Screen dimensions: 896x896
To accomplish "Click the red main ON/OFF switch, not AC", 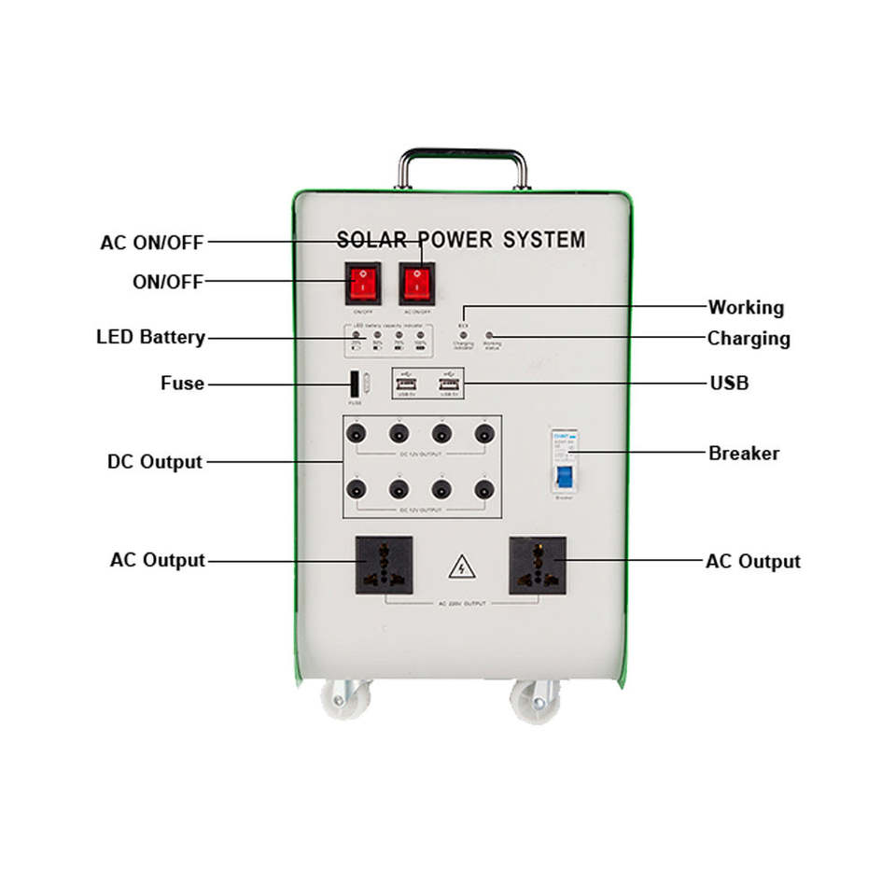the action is [x=363, y=283].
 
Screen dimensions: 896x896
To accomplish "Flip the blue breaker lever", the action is [x=564, y=477].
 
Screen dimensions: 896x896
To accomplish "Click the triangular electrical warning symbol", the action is [x=459, y=566].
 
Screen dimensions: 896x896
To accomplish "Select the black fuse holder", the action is [x=356, y=385].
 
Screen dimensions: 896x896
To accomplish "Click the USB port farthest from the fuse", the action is [x=450, y=385].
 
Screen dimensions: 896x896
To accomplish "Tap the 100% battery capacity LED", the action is [x=420, y=334].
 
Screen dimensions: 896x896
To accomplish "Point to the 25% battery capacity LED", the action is [x=357, y=334].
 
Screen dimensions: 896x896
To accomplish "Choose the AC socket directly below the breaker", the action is [x=538, y=565].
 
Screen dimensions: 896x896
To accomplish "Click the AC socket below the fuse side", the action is [x=384, y=565].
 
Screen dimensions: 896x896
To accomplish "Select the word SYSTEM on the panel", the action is [x=544, y=240].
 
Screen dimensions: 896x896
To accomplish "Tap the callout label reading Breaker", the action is [x=744, y=454].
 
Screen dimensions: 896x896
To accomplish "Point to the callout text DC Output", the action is [x=155, y=462].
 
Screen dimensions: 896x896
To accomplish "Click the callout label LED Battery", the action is [x=151, y=337].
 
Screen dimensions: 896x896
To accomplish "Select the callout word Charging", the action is [x=749, y=338].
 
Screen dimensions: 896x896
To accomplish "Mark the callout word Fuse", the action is [x=182, y=383].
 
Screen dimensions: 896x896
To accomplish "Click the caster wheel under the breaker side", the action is [x=535, y=702].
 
